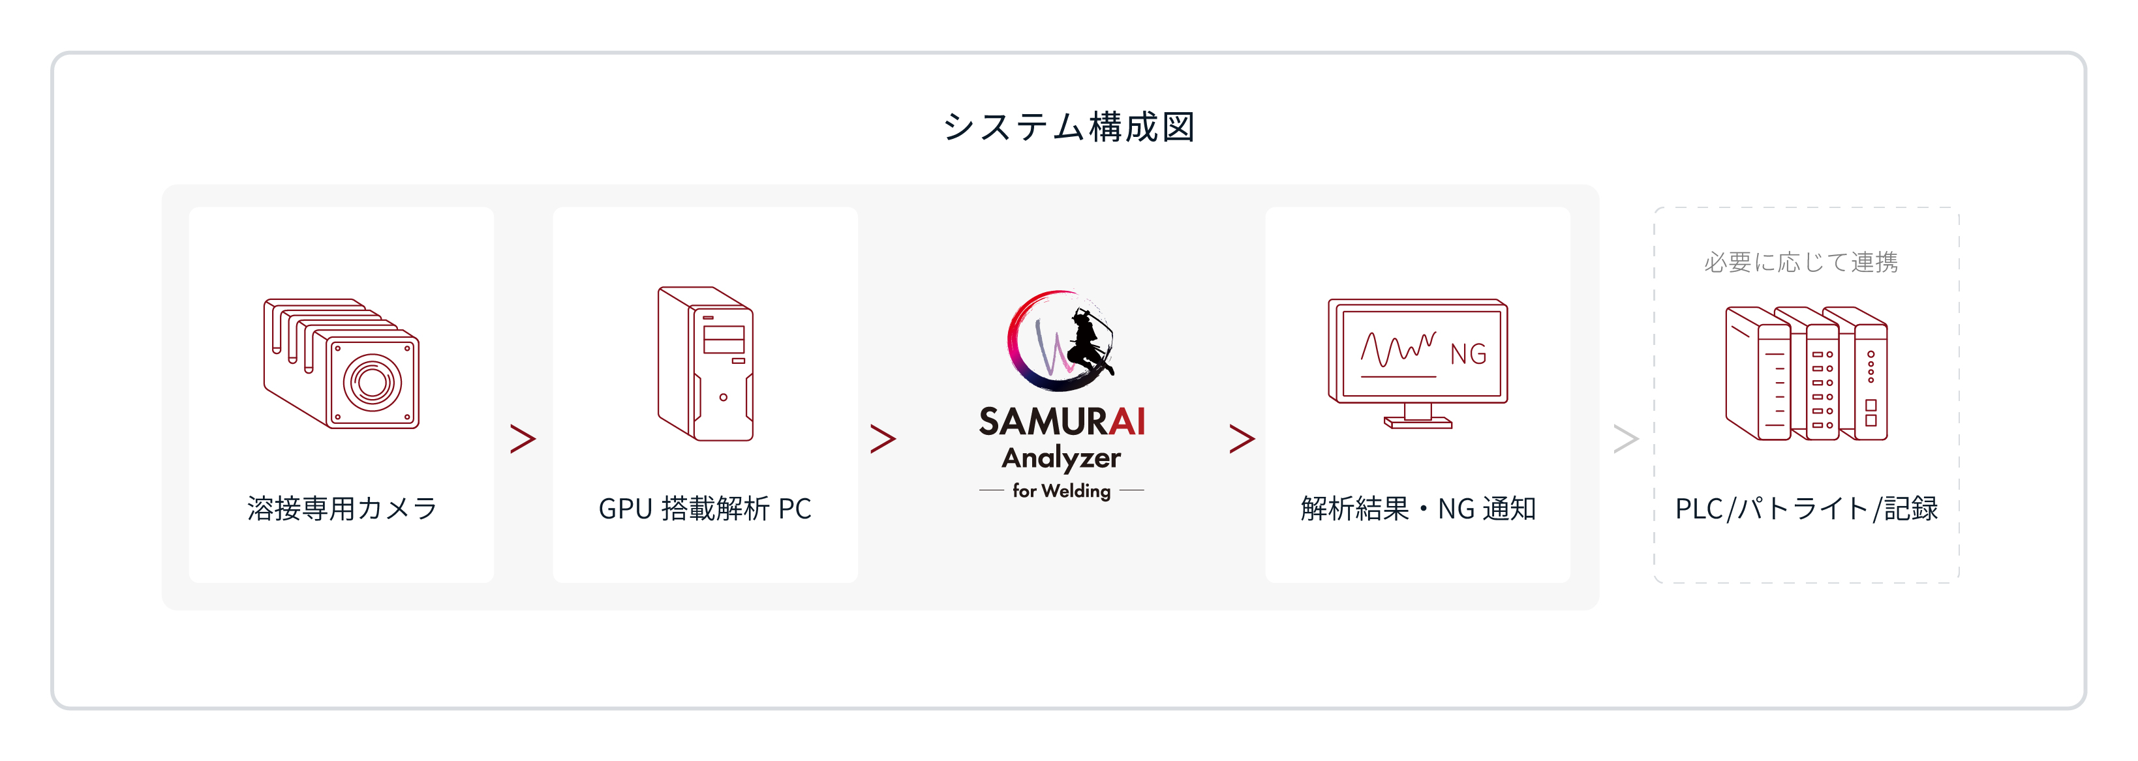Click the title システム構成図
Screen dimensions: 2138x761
coord(1068,127)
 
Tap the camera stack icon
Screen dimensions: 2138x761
coord(341,363)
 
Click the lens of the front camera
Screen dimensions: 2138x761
coord(372,383)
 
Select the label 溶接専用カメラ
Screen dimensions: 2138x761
coord(341,508)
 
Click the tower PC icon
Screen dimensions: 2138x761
coord(705,363)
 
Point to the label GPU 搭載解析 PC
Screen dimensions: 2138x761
coord(705,508)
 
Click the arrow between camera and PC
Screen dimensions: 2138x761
coord(523,438)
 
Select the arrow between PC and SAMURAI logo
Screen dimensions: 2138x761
coord(883,438)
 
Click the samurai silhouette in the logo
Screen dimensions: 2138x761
coord(1087,344)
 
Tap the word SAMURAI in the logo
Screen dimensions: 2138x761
coord(1061,421)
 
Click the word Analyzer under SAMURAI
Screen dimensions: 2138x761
coord(1061,458)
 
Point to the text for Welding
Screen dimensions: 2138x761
coord(1061,490)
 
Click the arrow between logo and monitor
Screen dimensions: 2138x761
coord(1242,438)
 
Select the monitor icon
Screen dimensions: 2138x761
coord(1418,363)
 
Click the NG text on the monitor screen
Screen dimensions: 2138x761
coord(1468,354)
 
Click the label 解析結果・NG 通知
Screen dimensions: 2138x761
coord(1418,508)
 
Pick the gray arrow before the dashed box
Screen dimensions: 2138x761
coord(1626,438)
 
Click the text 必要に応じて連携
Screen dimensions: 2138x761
coord(1801,262)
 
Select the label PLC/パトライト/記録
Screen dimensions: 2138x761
coord(1807,508)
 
